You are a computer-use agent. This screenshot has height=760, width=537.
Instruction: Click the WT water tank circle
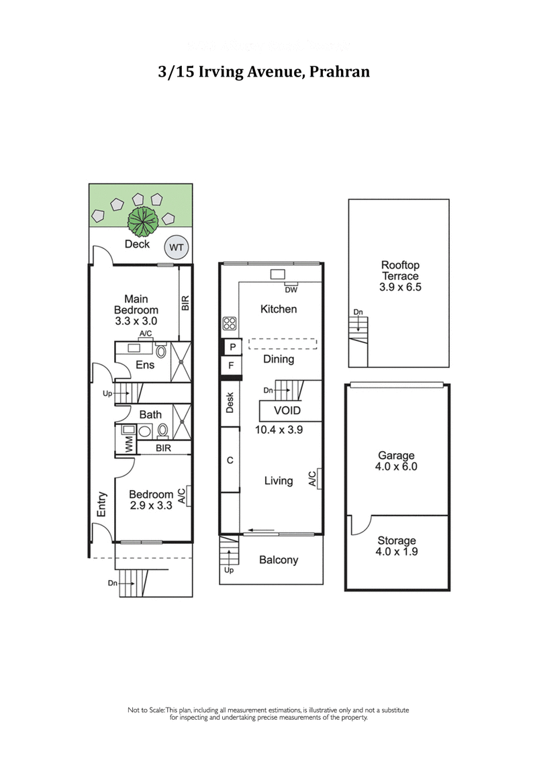point(177,248)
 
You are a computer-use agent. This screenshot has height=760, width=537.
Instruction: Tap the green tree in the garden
point(142,218)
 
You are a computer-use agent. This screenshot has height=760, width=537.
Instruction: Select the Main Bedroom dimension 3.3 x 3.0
point(136,321)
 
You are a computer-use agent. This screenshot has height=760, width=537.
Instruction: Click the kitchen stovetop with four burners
point(230,324)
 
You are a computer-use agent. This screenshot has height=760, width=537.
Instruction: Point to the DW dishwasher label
point(291,289)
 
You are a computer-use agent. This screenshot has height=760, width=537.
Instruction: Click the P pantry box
point(232,347)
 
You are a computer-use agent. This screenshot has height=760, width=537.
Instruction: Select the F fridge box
point(232,366)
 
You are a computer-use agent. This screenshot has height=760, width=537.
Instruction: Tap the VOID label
point(287,411)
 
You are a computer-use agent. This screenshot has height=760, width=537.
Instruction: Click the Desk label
point(230,402)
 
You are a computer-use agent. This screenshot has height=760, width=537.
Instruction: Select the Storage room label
point(396,540)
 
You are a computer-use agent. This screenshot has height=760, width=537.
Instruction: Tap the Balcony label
point(279,560)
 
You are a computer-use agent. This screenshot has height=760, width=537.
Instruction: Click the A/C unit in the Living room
point(313,479)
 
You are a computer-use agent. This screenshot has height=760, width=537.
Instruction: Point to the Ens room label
point(145,365)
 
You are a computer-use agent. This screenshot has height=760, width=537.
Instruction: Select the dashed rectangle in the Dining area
point(282,343)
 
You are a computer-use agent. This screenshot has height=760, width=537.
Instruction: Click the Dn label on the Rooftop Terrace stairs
point(358,312)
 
